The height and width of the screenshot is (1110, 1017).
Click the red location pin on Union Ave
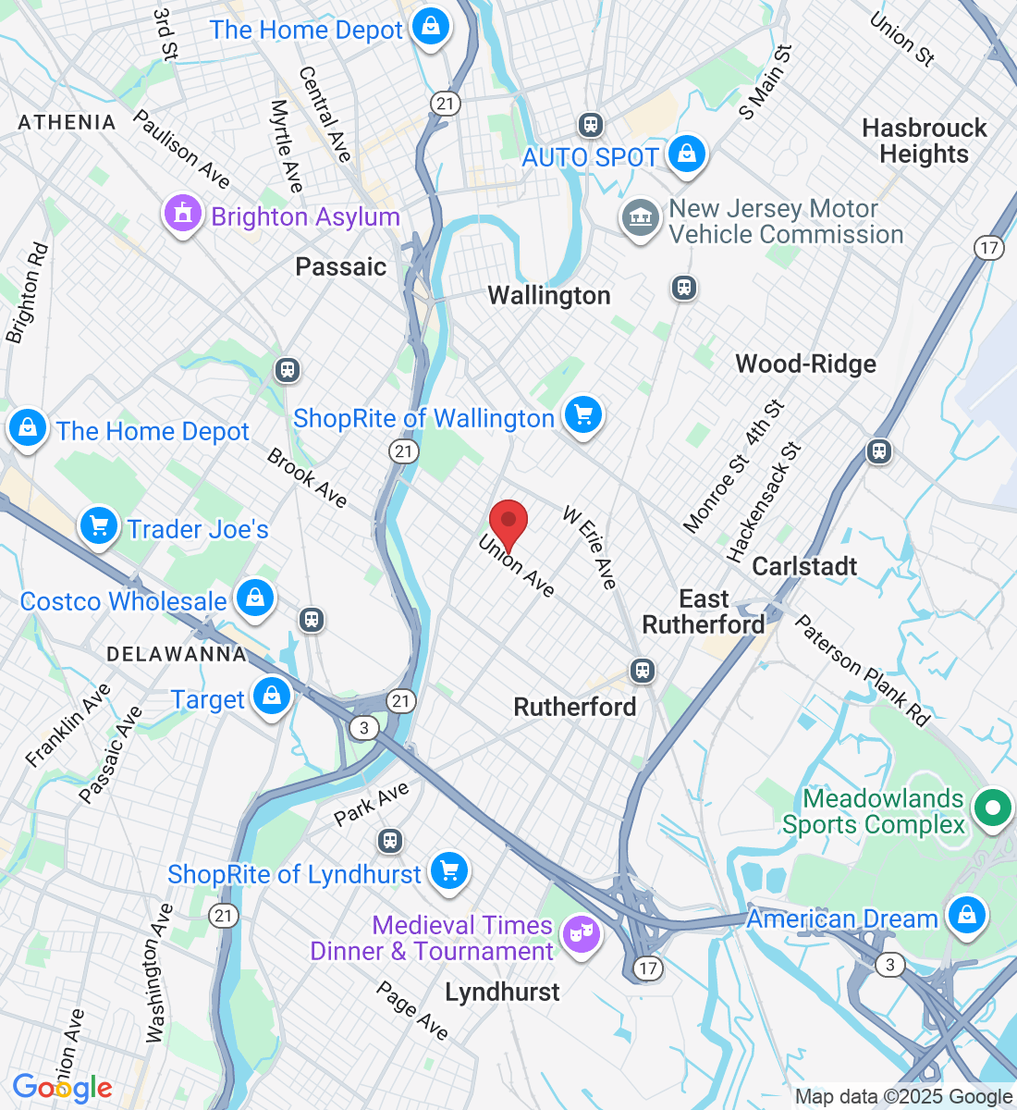coord(508,524)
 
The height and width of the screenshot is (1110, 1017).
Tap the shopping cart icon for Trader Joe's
coord(99,526)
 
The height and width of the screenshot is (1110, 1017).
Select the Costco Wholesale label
coord(123,601)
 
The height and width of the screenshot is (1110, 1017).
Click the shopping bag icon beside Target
coord(271,695)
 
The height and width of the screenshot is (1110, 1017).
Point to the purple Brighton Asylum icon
coord(182,214)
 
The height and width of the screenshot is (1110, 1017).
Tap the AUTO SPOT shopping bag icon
coord(686,154)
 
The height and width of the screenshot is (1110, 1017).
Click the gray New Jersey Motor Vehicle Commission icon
coord(640,218)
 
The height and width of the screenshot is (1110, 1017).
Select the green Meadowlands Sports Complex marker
coord(992,808)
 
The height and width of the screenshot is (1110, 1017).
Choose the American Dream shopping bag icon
coord(966,915)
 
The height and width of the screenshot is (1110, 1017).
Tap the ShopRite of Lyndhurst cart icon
coord(449,870)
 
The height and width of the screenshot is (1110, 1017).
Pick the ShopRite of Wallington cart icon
coord(582,414)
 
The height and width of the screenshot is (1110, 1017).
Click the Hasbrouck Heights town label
coord(925,141)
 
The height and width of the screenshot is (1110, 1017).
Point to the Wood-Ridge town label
coord(805,364)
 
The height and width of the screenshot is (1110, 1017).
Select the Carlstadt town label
coord(804,566)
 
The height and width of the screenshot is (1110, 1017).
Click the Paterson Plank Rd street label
coord(863,671)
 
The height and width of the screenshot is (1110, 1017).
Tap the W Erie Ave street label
coord(589,548)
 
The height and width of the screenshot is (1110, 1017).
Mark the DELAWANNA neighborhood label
coord(177,654)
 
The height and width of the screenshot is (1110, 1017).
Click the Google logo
coord(62,1088)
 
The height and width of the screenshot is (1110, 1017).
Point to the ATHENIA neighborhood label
coord(67,122)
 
